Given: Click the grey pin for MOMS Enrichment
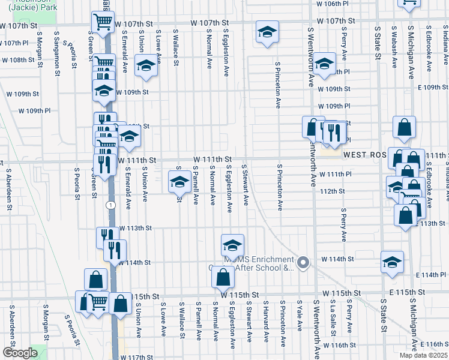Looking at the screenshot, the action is point(304,262).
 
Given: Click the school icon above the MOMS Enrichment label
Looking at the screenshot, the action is point(232,244).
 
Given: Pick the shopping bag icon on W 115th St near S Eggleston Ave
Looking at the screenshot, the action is point(223,277).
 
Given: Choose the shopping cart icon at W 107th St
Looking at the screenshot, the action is point(103,22).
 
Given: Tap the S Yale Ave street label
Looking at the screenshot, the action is point(299,316).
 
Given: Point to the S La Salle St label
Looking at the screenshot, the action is point(333,319).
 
